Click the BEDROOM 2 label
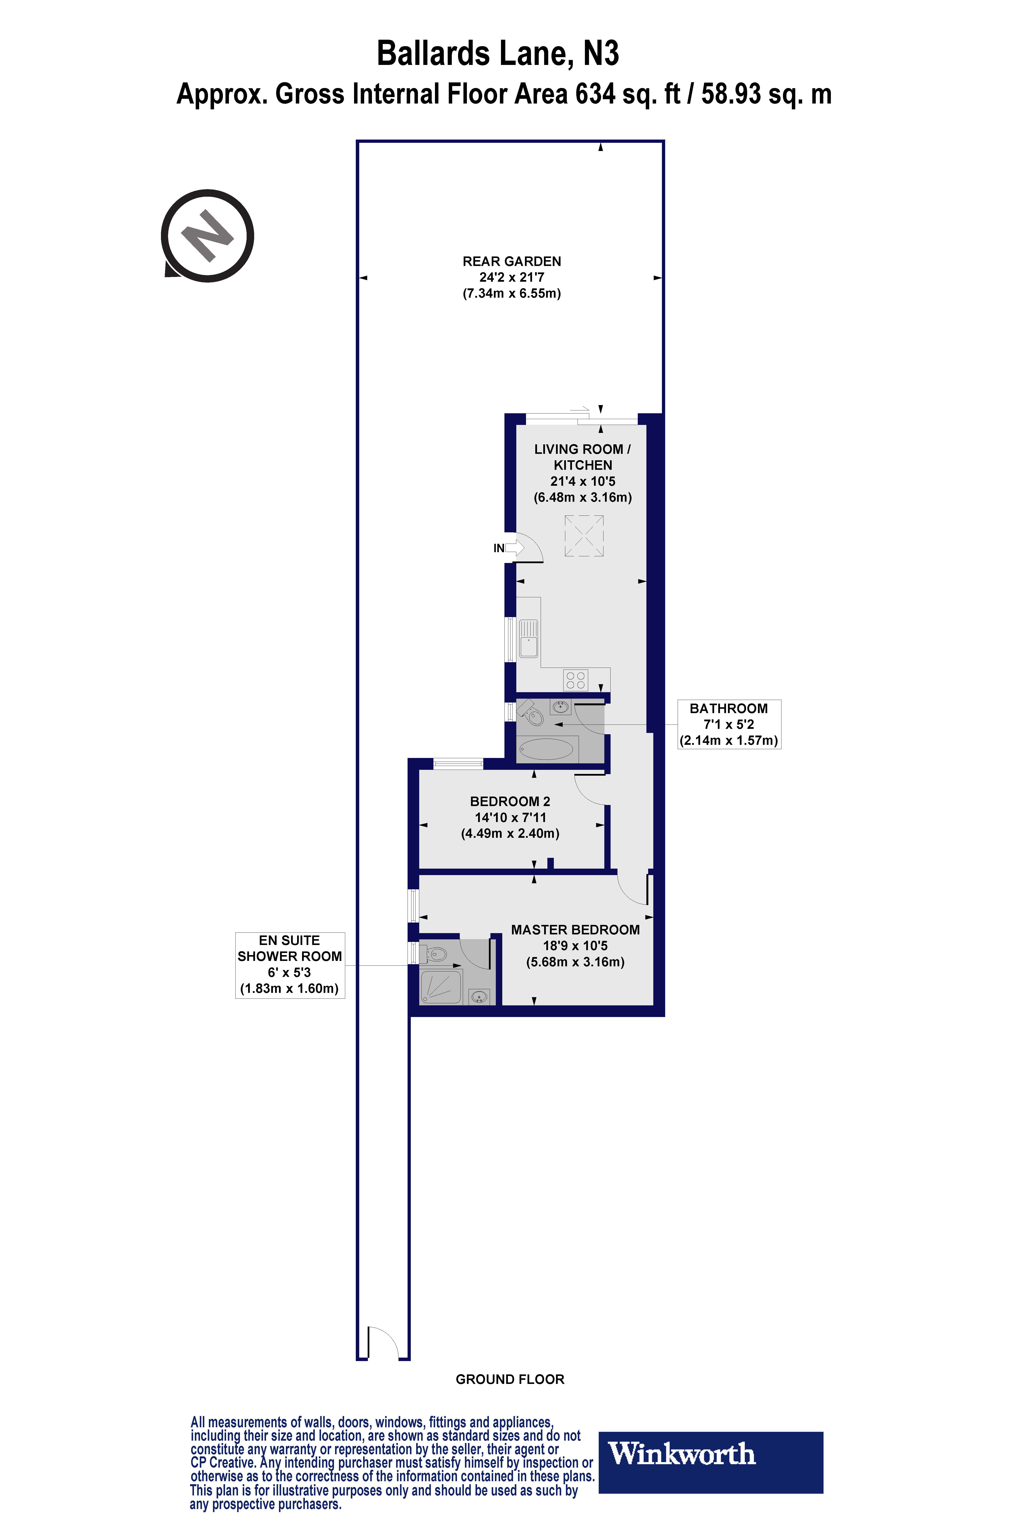coord(510,802)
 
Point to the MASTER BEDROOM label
coord(575,930)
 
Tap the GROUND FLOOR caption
coord(510,1379)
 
